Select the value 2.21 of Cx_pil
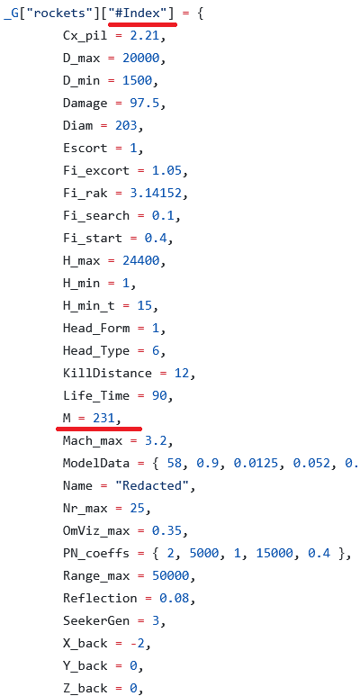click(x=144, y=36)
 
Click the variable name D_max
click(x=82, y=59)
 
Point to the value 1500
click(x=137, y=81)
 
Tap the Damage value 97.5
click(x=144, y=104)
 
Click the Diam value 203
click(x=126, y=126)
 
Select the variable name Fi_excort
click(x=96, y=171)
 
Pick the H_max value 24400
click(x=140, y=260)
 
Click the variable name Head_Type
click(x=96, y=350)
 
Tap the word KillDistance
click(x=107, y=373)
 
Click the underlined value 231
click(x=103, y=418)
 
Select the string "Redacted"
click(x=152, y=485)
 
